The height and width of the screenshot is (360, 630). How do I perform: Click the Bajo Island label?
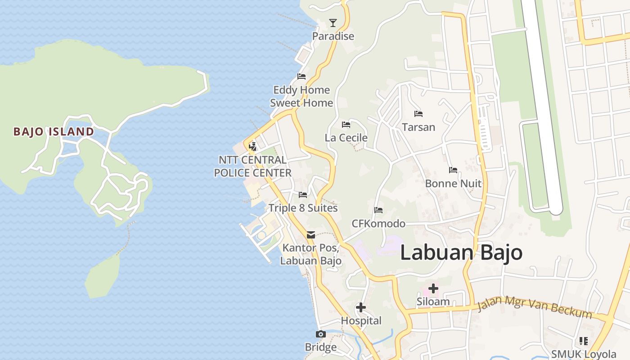pos(54,131)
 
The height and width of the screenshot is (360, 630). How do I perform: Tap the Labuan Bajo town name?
pos(461,253)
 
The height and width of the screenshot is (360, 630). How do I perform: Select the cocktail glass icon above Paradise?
pos(333,22)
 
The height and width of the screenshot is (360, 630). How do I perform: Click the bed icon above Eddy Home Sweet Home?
pos(301,76)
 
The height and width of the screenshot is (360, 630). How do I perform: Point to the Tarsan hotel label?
pos(418,127)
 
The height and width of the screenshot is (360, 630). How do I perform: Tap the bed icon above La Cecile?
pos(346,125)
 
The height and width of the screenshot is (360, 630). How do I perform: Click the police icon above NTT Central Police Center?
pos(253,146)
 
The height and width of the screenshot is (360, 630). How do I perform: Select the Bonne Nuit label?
pos(453,184)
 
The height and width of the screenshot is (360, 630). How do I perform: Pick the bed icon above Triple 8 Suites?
pos(303,195)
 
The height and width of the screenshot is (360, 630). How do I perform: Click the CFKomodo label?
pos(378,224)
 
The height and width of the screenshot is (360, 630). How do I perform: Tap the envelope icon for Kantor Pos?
pos(311,234)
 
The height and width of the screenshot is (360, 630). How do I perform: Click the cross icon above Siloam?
pos(433,288)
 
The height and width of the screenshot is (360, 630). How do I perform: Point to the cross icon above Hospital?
pos(361,308)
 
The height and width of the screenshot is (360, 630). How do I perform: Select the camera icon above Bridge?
pos(321,334)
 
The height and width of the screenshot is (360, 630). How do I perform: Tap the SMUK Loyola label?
pos(584,354)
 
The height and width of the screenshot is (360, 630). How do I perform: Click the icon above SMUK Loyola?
pos(584,341)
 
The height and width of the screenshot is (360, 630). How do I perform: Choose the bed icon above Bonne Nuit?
pos(453,170)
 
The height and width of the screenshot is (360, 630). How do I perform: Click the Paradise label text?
pos(333,36)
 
